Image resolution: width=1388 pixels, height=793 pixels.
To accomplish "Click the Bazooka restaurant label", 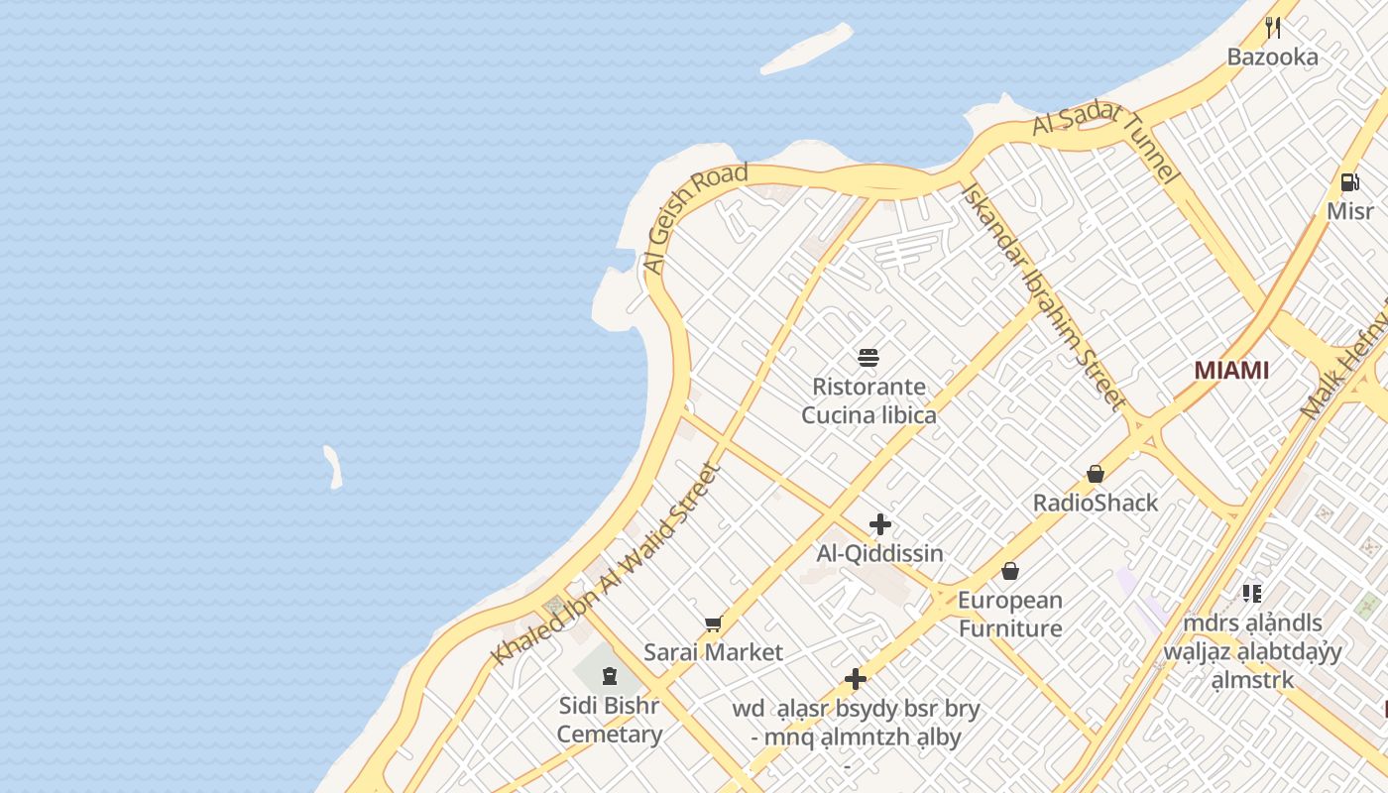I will click(x=1272, y=57).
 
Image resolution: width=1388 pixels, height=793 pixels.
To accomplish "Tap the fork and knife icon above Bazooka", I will click(x=1273, y=27).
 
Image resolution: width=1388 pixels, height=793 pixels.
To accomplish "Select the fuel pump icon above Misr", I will click(x=1349, y=181).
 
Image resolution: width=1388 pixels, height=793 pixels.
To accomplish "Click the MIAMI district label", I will click(x=1230, y=370).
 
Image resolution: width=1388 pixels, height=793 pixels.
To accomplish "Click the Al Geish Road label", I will click(x=694, y=218).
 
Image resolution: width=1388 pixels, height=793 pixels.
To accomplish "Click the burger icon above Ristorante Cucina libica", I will click(x=868, y=357).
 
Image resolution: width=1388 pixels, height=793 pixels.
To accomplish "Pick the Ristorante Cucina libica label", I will click(x=868, y=400).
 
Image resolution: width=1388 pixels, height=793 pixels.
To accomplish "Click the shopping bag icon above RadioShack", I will click(x=1096, y=474).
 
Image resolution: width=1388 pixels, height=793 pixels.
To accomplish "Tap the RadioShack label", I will click(x=1096, y=503).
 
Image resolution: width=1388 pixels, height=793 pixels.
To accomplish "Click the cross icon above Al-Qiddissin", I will click(x=879, y=524).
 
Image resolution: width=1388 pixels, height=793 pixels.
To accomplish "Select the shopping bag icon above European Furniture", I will click(x=1010, y=571).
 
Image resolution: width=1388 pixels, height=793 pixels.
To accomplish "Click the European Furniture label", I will click(x=1010, y=614).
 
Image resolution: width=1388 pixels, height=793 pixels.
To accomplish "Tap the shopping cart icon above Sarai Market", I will click(x=713, y=623).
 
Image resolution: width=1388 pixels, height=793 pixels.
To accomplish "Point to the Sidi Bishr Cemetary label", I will click(x=609, y=721).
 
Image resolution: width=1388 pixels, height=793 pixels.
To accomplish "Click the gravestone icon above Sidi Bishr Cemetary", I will click(x=609, y=676).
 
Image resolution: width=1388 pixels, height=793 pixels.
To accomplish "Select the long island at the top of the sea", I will click(x=806, y=50).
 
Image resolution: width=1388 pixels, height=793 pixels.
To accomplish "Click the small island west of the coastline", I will click(x=333, y=467).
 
